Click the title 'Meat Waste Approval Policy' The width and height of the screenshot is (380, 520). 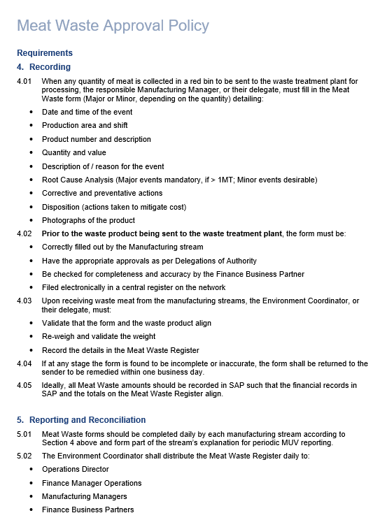[113, 26]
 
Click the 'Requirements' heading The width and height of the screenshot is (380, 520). [45, 53]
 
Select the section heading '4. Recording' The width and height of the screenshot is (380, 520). [43, 67]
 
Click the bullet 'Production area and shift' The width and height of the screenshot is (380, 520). [85, 126]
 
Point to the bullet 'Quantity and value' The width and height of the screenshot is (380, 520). [74, 152]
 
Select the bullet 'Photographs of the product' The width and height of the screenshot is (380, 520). [88, 220]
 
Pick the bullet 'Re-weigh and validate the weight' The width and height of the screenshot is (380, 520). [99, 336]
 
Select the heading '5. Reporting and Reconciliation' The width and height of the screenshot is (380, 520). [81, 420]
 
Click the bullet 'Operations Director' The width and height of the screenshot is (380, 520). [76, 469]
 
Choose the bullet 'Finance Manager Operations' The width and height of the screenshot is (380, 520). [92, 483]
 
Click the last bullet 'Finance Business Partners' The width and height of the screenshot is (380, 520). [87, 510]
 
